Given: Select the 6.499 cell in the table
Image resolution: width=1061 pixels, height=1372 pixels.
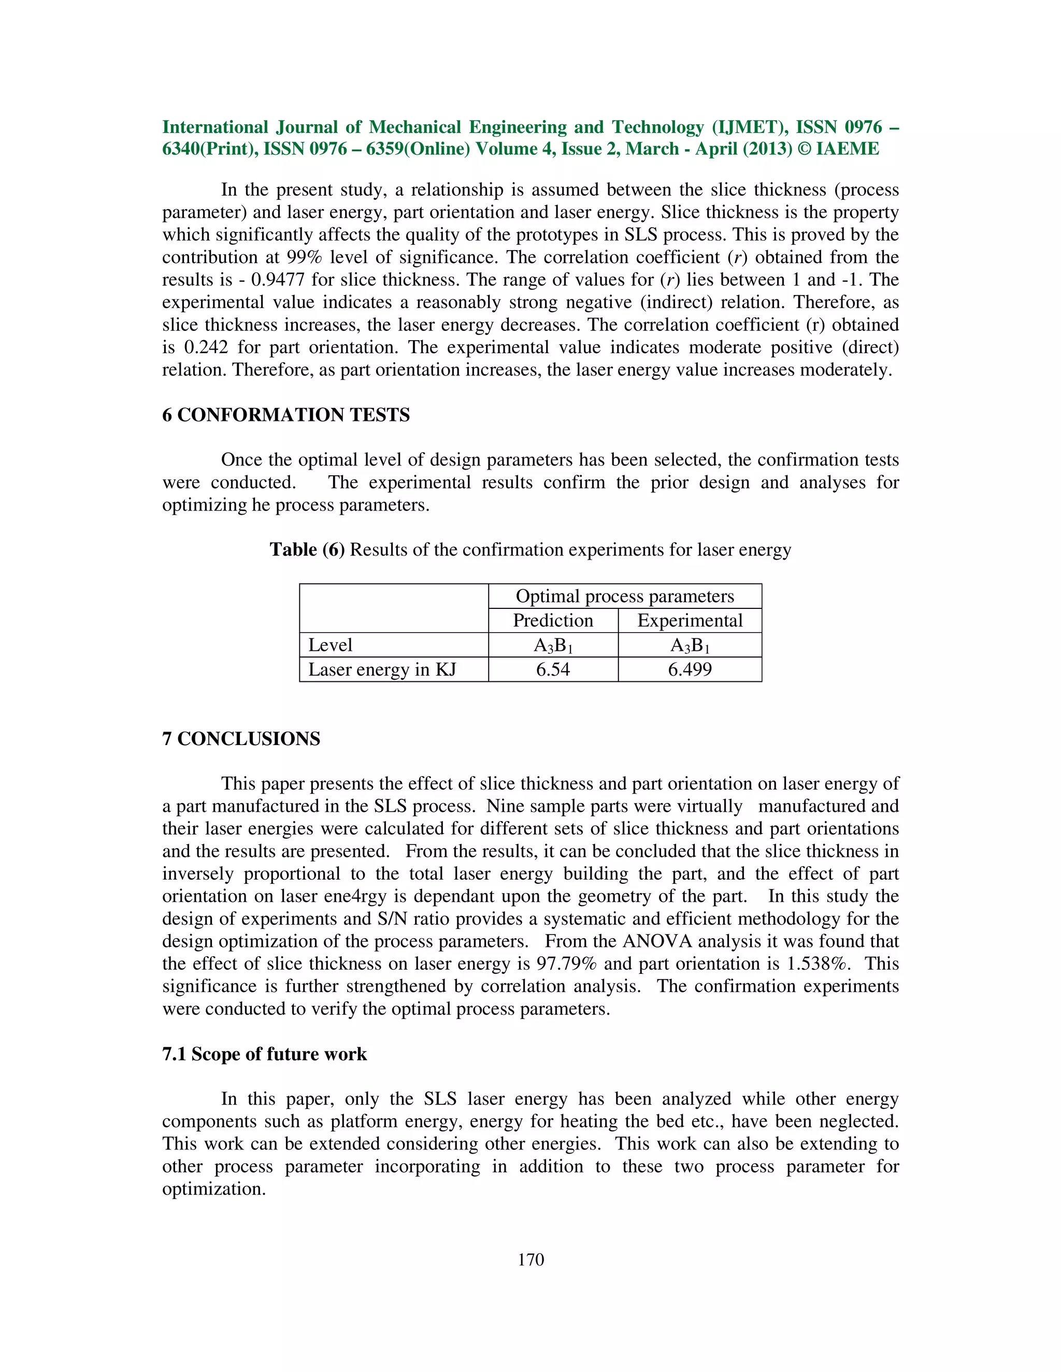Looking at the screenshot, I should [x=690, y=669].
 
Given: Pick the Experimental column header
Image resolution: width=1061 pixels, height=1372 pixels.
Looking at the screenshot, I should [x=690, y=621].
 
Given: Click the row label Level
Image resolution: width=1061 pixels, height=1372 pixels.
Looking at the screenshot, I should [x=330, y=645].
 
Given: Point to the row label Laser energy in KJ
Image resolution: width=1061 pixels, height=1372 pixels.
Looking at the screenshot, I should [x=381, y=669].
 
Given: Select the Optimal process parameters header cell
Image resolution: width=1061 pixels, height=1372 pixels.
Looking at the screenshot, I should [x=624, y=596].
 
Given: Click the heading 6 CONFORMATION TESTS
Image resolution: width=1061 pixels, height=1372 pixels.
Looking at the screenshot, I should [x=286, y=415].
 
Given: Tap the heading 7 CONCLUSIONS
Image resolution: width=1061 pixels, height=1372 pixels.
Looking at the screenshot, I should [x=241, y=739].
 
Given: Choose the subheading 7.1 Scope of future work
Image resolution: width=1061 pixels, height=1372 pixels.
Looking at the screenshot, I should [x=265, y=1054].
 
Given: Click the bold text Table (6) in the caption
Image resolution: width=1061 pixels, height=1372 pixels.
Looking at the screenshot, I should [x=307, y=550].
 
